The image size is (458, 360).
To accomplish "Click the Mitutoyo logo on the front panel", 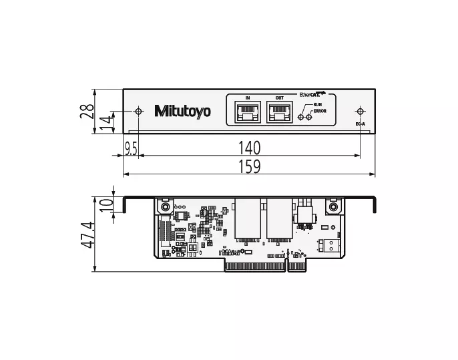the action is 182,112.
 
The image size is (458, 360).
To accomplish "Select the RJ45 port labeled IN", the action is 248,112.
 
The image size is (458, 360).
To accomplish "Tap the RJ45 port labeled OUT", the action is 280,112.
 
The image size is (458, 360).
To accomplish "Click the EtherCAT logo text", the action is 312,94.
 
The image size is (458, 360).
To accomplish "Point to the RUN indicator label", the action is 318,105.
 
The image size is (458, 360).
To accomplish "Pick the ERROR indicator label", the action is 320,111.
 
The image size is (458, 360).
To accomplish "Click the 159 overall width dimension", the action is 250,166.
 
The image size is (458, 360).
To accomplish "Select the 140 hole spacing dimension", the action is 250,148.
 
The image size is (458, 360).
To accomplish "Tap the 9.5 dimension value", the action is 131,149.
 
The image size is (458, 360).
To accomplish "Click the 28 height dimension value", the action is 87,111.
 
